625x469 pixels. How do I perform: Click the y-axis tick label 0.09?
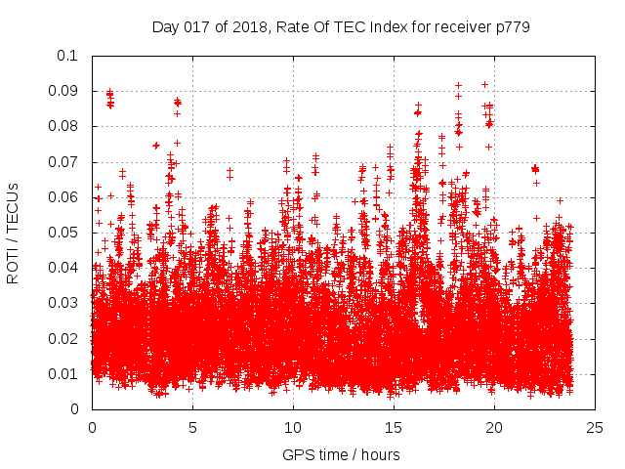[64, 92]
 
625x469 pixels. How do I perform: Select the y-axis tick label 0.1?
[68, 56]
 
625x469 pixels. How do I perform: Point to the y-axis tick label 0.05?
[64, 233]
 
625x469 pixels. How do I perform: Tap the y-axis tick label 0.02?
[64, 339]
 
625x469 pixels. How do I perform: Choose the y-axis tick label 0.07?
[64, 162]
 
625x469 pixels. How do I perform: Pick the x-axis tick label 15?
[394, 427]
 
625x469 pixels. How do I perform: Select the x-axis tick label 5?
[192, 427]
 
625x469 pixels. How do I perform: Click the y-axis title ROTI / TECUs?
[14, 233]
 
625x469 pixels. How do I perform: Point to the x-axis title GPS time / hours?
[341, 454]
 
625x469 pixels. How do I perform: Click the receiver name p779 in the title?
[511, 26]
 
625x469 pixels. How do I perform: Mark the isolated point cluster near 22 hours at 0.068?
[534, 169]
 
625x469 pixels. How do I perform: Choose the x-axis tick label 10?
[293, 427]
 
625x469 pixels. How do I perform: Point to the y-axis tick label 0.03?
[64, 304]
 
